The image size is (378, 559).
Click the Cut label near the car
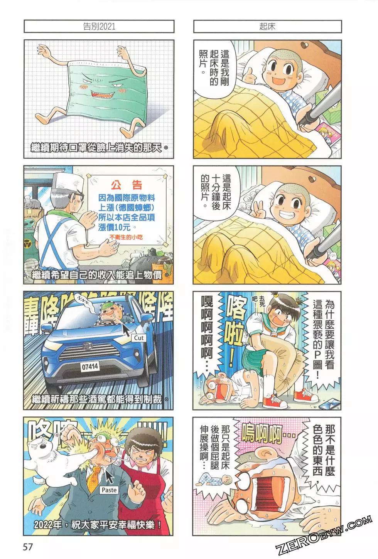(x=139, y=338)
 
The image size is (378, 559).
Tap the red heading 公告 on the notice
(x=127, y=185)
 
